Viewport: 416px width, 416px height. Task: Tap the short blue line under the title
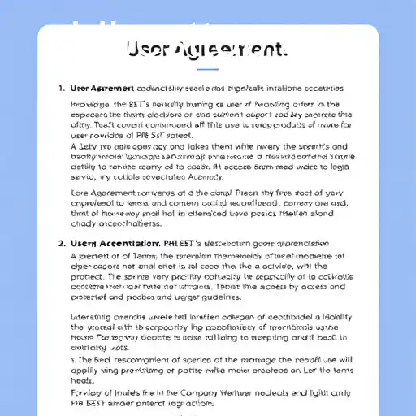(208, 70)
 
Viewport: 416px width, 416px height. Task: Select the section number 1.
(61, 88)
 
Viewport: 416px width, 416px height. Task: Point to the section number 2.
(61, 242)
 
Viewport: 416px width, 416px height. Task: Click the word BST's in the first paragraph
(141, 105)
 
